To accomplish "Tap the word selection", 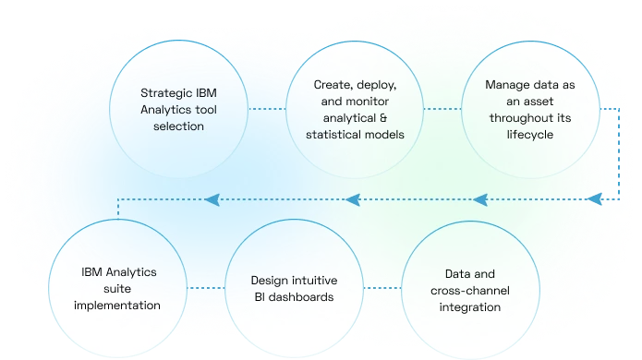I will click(178, 126).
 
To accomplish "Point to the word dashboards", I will click(293, 297).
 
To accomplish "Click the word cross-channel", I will click(469, 290).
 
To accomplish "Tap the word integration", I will click(469, 306).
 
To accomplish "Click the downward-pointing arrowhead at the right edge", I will click(597, 196).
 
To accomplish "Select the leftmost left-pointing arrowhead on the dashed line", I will click(212, 198).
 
